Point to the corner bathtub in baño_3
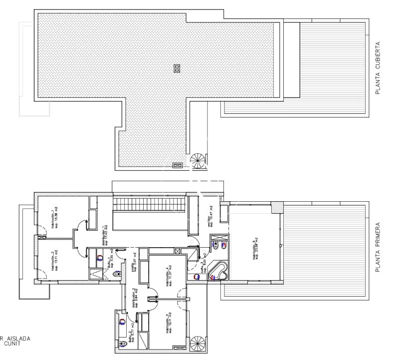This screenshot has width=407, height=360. click(218, 271)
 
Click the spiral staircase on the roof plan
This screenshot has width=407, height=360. click(198, 161)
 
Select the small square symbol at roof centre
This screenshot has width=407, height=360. click(176, 68)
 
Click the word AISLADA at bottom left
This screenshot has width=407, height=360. click(19, 338)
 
